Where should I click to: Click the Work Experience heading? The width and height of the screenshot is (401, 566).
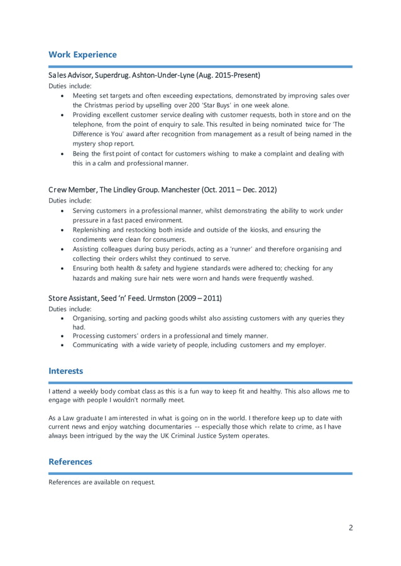pos(82,55)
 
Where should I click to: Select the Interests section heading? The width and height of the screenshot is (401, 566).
pos(65,371)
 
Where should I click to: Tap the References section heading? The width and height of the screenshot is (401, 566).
pos(70,461)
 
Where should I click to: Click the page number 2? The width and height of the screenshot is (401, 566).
pos(351,527)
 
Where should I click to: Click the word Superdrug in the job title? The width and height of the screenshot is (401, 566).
pos(112,76)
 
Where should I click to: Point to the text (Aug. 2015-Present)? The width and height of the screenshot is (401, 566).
pos(228,76)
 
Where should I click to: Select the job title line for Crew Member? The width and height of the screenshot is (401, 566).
pos(162,190)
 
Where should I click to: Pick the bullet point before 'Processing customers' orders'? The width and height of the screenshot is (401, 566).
pos(61,336)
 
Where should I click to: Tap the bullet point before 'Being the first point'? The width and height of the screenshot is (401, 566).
pos(61,154)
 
